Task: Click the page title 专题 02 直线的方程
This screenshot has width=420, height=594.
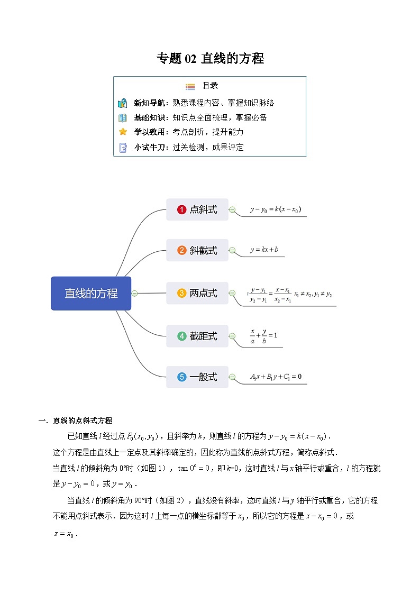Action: point(210,58)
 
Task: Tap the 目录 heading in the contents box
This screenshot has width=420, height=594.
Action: point(210,86)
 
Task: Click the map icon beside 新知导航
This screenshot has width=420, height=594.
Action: point(123,103)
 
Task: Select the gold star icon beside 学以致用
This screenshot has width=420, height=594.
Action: point(123,132)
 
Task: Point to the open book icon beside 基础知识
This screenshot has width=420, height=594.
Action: point(123,118)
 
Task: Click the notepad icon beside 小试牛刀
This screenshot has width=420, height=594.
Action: point(123,148)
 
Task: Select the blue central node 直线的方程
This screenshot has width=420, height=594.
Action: point(91,293)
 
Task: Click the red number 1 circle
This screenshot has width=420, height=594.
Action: point(181,209)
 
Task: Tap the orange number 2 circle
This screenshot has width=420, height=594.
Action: point(181,250)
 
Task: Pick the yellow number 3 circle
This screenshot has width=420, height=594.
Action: point(181,293)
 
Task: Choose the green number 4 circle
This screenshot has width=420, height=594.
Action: point(181,336)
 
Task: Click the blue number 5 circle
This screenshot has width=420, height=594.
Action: point(181,377)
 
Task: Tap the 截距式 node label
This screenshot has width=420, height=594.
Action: point(203,336)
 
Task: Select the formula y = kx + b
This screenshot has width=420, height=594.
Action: point(264,250)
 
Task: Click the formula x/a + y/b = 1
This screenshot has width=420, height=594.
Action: point(263,336)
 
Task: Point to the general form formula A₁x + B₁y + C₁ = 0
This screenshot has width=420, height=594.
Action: point(276,377)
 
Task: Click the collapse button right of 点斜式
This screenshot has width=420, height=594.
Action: point(232,210)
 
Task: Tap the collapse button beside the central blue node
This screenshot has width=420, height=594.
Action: point(134,293)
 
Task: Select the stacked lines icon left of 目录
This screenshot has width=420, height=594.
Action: point(190,86)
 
